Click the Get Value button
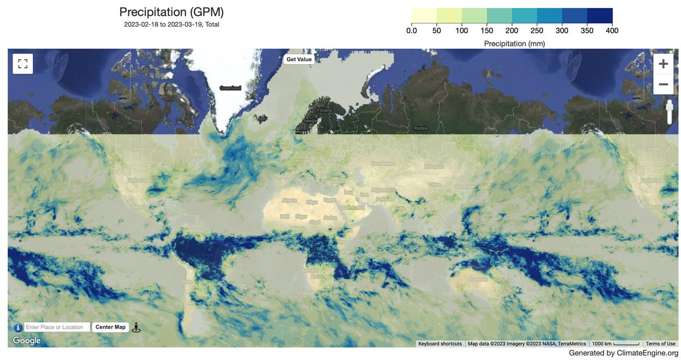coord(299,59)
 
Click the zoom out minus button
coord(663,85)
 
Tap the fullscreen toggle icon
coord(23,64)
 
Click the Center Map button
coord(110,327)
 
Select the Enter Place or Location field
coord(57,327)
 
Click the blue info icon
coord(18,328)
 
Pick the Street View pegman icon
coord(136,328)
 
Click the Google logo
coord(27,341)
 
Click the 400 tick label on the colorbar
coord(612,31)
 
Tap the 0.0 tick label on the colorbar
coord(411,31)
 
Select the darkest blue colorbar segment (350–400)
coord(600,15)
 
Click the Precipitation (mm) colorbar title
coord(514,43)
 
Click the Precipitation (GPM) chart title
coord(171,12)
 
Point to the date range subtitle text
coord(171,24)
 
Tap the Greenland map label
coord(230,88)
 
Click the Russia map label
coord(421,128)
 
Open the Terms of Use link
coord(660,344)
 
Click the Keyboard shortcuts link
coord(440,344)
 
